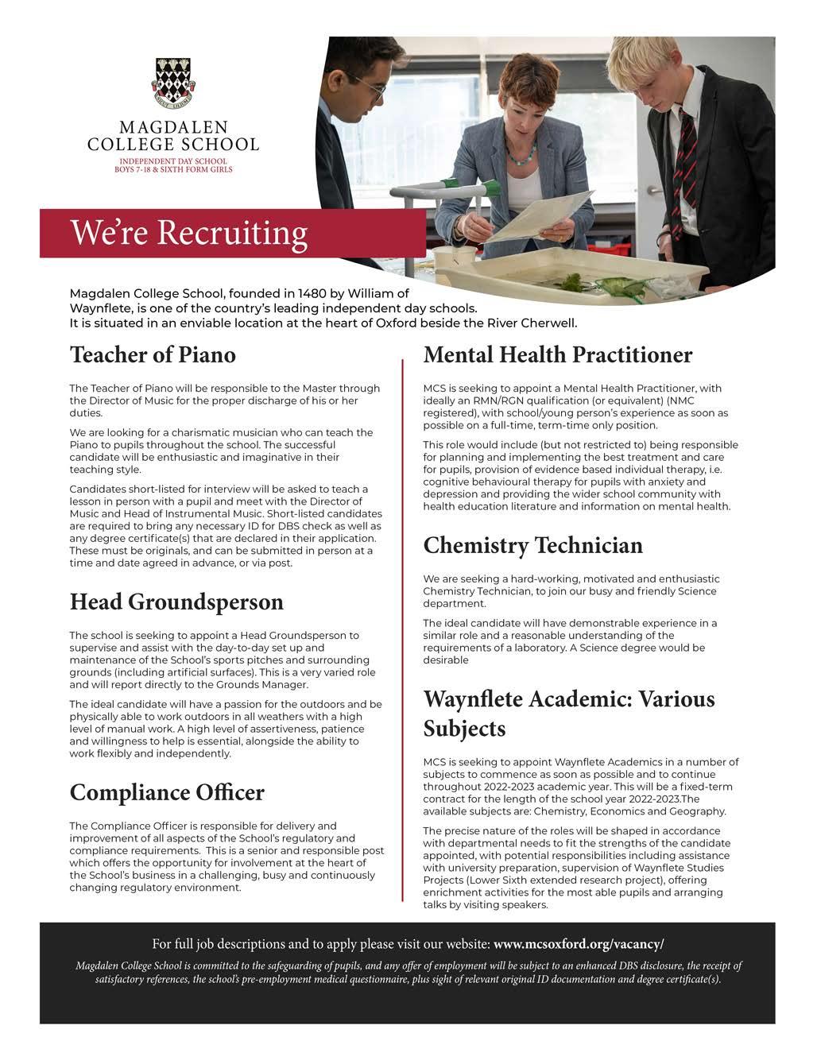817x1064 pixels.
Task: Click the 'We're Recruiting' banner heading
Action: tap(189, 233)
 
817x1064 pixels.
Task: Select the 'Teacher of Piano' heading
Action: tap(153, 354)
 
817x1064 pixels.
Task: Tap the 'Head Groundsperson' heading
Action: tap(176, 602)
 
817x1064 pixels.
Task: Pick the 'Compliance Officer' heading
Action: tap(167, 792)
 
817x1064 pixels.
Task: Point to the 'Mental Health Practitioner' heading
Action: tap(557, 354)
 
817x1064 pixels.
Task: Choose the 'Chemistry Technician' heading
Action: tap(532, 545)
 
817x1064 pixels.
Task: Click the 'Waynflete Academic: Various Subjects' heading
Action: tap(568, 714)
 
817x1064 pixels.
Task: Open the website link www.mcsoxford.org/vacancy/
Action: tap(578, 944)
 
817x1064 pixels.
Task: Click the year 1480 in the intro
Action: tap(313, 293)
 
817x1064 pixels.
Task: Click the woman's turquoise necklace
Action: tap(521, 155)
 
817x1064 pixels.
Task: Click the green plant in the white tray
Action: tap(570, 281)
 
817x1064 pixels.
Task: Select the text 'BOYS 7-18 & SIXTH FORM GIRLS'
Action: tap(173, 169)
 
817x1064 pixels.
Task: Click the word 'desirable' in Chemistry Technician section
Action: tap(446, 660)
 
